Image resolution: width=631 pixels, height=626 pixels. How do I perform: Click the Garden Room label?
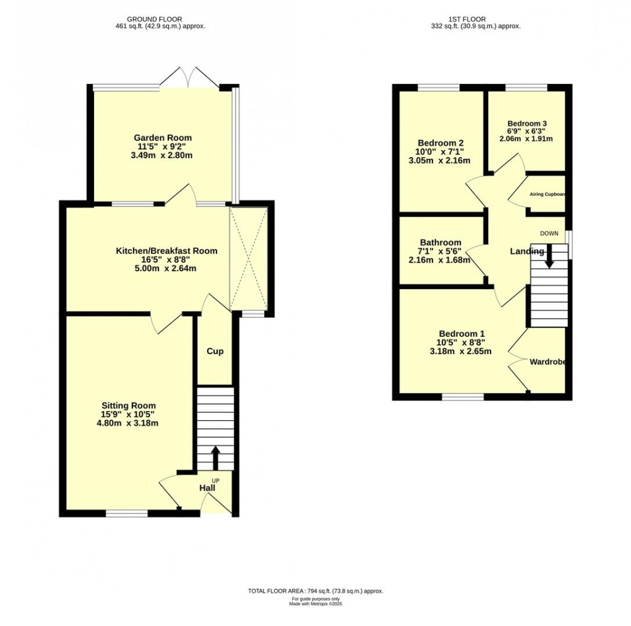point(163,138)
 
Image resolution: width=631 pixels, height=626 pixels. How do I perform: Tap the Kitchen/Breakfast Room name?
point(166,251)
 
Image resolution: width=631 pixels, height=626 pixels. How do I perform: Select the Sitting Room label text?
point(129,405)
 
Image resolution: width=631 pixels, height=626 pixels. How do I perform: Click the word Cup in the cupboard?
point(215,351)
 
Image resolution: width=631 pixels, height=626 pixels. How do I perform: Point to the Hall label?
point(207,488)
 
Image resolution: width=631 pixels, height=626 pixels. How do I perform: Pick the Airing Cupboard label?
point(547,194)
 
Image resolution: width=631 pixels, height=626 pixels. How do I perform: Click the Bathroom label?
point(440,242)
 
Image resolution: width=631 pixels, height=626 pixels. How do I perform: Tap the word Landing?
point(526,252)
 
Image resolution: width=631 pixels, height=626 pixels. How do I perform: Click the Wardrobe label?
point(547,362)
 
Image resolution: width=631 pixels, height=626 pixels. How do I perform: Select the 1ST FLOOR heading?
point(475,19)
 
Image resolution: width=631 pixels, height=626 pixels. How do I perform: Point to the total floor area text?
point(315,591)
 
